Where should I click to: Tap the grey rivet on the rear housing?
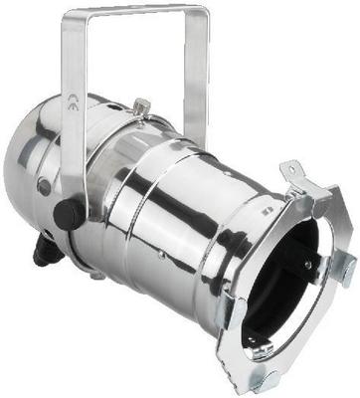point(43,186)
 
